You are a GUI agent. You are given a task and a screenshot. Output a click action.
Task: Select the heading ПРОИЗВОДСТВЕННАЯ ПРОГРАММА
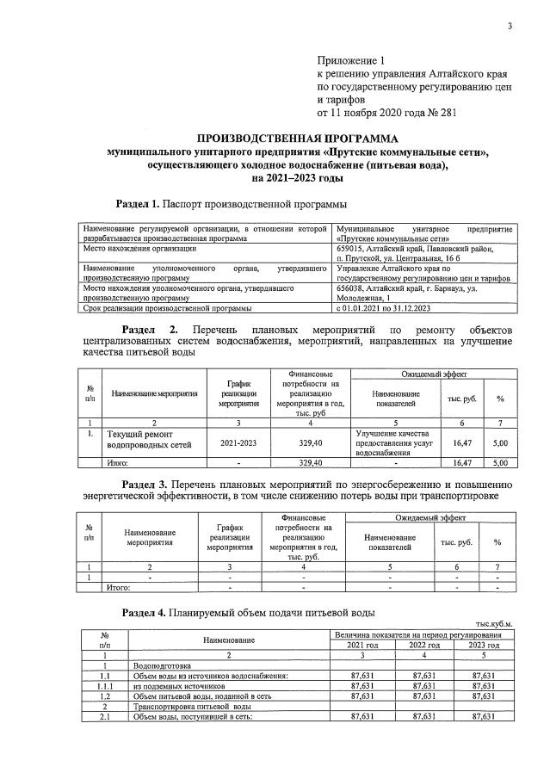point(297,138)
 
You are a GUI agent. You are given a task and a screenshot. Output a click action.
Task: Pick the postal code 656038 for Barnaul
point(350,288)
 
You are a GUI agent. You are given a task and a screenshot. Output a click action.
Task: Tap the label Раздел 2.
point(150,330)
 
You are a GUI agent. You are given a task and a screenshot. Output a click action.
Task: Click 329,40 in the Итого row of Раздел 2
point(310,463)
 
